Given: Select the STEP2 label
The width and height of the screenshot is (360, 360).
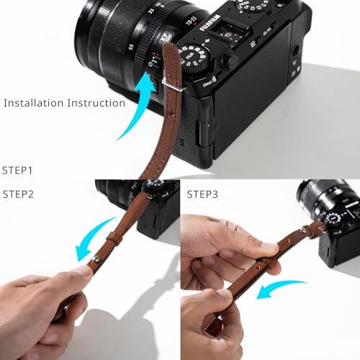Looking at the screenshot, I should pyautogui.click(x=19, y=194).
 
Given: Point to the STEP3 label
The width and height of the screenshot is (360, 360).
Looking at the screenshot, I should pyautogui.click(x=204, y=194).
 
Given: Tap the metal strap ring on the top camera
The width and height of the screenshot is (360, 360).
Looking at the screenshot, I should pyautogui.click(x=166, y=90).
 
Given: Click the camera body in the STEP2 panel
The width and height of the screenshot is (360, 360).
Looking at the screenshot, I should pyautogui.click(x=162, y=209).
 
